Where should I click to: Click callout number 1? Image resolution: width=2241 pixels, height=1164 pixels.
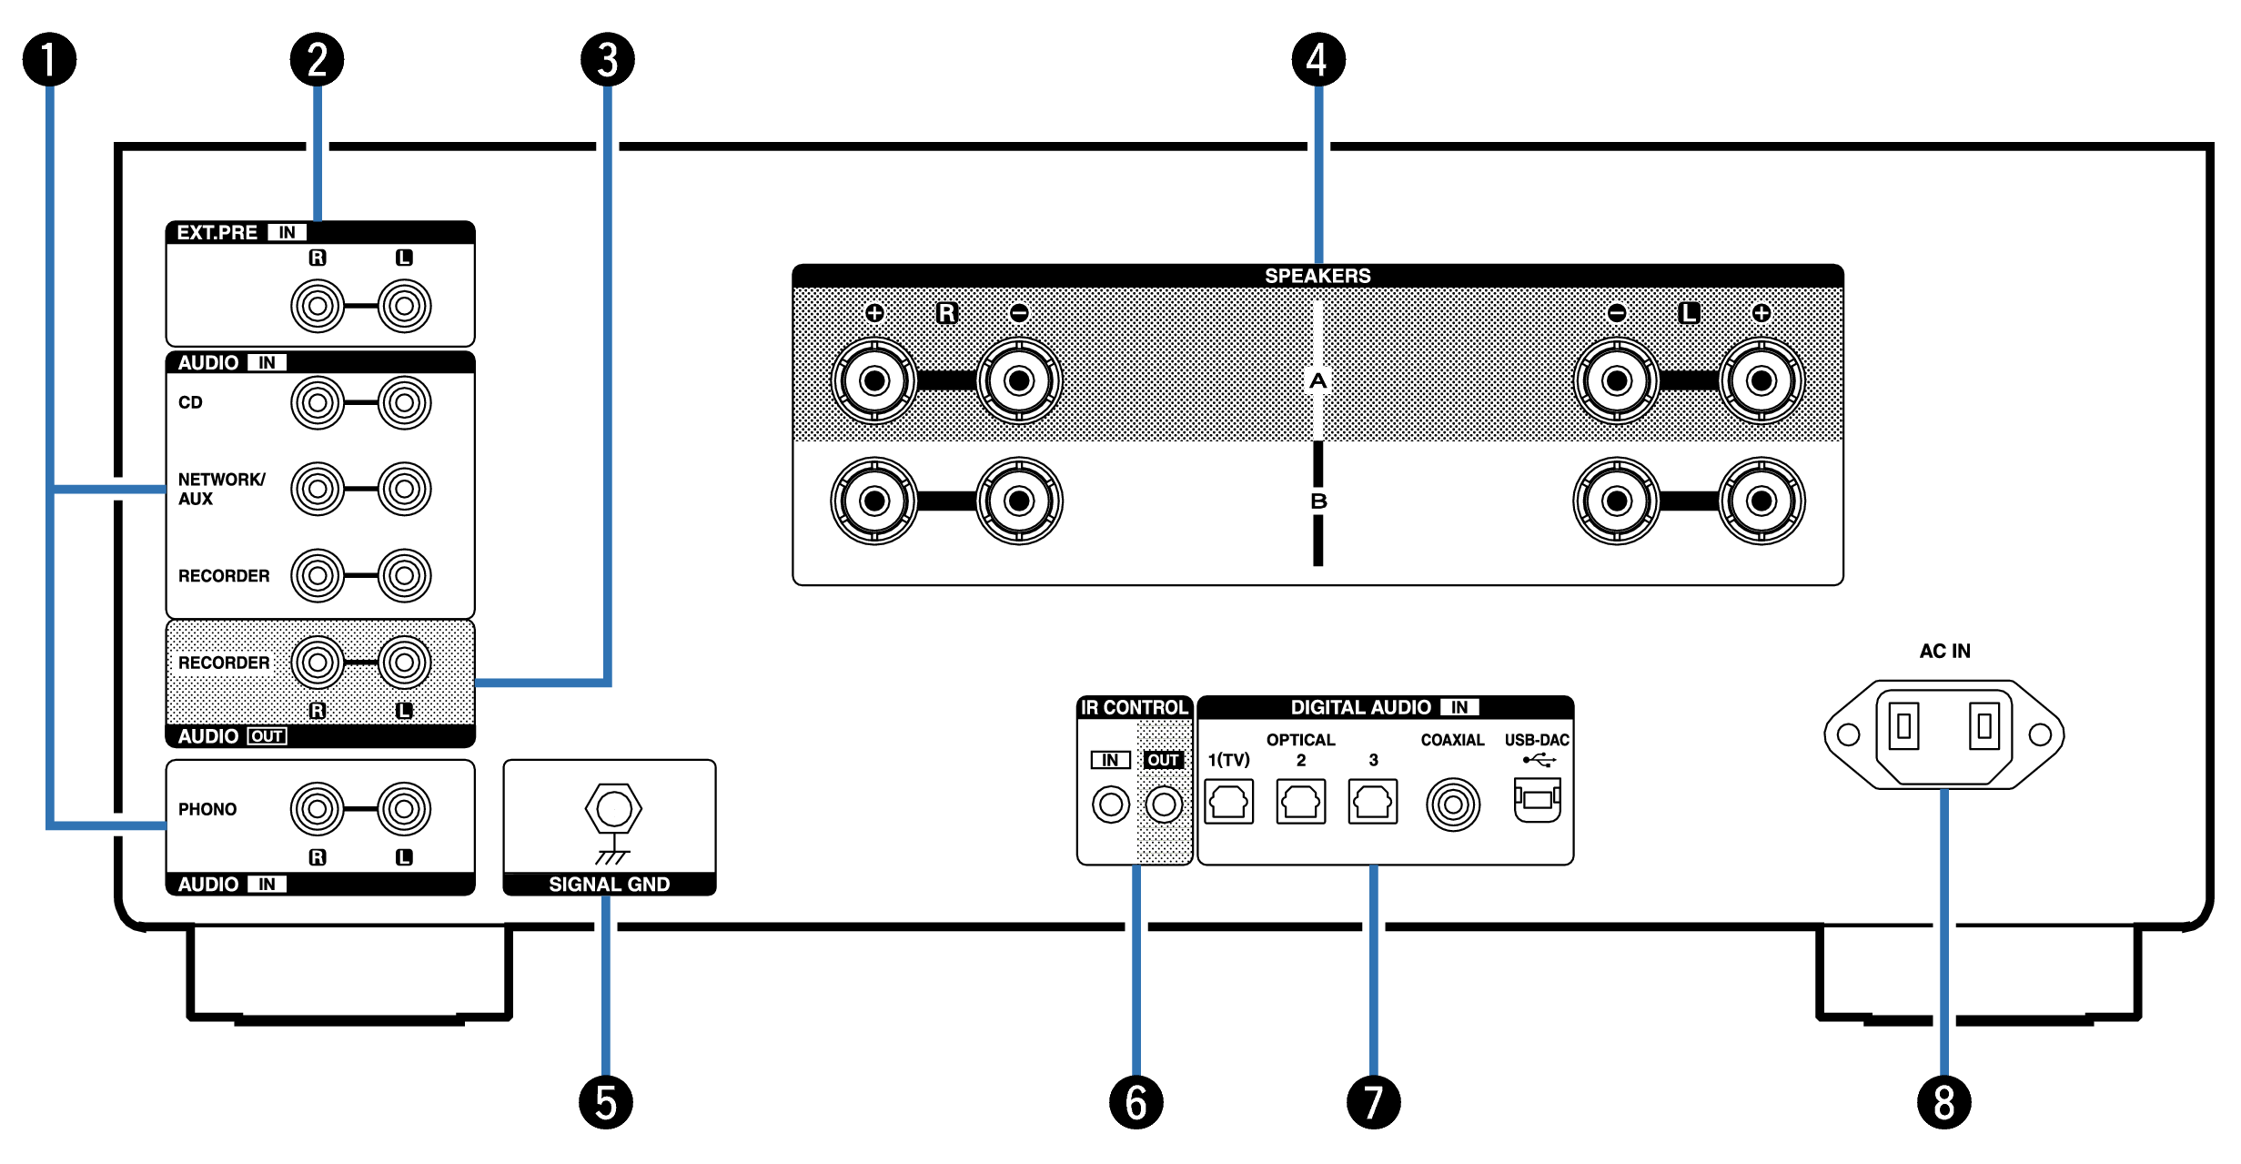tap(49, 60)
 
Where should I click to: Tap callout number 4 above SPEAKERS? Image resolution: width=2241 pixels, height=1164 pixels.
tap(1317, 60)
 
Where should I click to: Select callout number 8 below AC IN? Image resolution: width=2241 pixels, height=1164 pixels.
tap(1943, 1102)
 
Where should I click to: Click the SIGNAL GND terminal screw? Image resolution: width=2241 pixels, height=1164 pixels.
tap(613, 808)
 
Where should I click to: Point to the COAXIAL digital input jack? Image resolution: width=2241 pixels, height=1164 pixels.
tap(1453, 805)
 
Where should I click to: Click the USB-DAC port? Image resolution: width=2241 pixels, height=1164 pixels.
tap(1537, 801)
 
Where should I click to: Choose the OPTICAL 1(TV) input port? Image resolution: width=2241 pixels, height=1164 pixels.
tap(1228, 802)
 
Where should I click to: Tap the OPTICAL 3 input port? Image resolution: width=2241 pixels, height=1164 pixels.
tap(1373, 802)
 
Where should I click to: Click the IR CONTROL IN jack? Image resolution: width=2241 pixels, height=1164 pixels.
tap(1110, 805)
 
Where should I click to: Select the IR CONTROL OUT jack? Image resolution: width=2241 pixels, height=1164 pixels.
tap(1164, 805)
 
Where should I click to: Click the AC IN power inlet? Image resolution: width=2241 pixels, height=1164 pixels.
tap(1943, 733)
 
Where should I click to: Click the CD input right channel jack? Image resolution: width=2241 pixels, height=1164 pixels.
tap(318, 402)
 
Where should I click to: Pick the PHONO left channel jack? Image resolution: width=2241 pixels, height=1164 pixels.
tap(404, 808)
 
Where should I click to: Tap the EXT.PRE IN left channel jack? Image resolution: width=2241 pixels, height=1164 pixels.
tap(404, 306)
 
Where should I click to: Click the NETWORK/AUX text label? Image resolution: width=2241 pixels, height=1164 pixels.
tap(221, 489)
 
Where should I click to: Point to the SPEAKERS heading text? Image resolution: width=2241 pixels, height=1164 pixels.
tap(1317, 276)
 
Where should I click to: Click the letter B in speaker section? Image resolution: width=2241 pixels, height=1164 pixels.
tap(1318, 501)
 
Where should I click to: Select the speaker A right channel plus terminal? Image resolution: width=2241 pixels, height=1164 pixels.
tap(874, 380)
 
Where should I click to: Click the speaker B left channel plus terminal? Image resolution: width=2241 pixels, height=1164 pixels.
tap(1762, 501)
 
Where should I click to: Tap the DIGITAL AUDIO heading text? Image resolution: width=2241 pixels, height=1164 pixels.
tap(1360, 707)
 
